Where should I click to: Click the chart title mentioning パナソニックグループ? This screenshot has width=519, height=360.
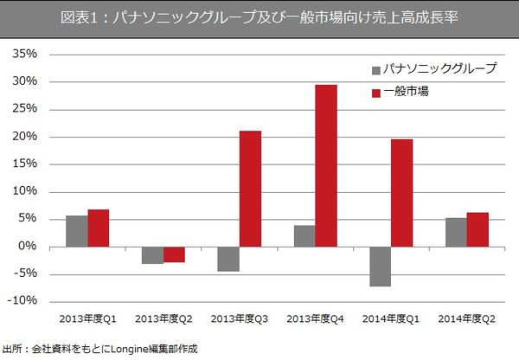tap(259, 16)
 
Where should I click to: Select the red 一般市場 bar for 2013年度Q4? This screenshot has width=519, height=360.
tap(326, 165)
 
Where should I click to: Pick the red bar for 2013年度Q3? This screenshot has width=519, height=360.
tap(250, 189)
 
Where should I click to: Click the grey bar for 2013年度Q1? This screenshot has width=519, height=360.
tap(77, 231)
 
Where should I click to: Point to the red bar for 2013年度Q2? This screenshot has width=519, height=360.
tap(174, 254)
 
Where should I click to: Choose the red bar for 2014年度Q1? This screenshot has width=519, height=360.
tap(402, 193)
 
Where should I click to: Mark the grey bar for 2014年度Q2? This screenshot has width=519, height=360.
tap(456, 232)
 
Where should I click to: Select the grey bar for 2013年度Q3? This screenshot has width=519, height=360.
tap(228, 259)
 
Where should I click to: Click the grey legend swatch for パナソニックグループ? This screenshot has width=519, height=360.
tap(375, 69)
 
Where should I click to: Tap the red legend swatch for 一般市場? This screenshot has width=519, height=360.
tap(375, 92)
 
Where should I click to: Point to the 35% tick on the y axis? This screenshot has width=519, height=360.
tap(24, 55)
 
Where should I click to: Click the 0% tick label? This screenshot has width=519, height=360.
tap(28, 247)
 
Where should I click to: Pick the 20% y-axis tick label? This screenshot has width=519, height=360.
tap(24, 137)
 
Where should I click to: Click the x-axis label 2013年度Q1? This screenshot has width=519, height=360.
tap(87, 319)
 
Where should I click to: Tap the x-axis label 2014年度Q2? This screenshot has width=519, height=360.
tap(466, 319)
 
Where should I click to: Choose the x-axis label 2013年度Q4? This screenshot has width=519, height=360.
tap(315, 319)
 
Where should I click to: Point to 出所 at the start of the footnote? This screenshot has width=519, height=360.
tap(12, 350)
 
